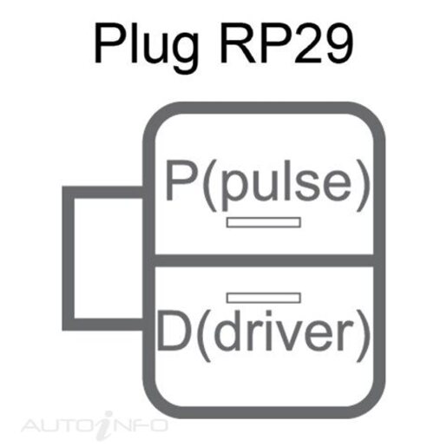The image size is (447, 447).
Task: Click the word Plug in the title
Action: tap(147, 47)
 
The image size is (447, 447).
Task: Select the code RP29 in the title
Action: tap(286, 43)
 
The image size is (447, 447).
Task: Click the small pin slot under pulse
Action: tap(263, 222)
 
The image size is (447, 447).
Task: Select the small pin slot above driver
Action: tap(263, 298)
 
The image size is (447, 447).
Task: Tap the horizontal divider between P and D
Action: tap(264, 260)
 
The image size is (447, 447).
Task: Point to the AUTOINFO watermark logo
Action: tap(95, 425)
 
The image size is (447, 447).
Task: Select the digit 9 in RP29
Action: tap(338, 43)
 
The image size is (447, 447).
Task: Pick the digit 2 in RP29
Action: tap(304, 43)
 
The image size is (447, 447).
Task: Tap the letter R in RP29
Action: tap(238, 43)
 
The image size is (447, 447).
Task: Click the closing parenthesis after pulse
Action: tap(363, 185)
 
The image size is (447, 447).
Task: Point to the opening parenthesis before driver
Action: tap(205, 335)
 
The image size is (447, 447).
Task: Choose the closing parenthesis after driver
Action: tap(363, 335)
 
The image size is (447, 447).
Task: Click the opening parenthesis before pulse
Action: tap(210, 185)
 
